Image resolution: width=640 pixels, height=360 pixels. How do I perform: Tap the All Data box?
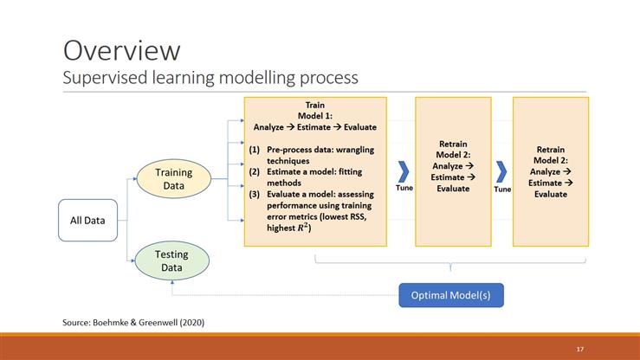coord(87,220)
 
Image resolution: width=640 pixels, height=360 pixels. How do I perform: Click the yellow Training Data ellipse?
coord(174,179)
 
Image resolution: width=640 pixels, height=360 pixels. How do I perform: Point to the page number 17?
coord(579,348)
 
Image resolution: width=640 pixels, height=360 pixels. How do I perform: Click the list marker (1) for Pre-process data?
coord(255,150)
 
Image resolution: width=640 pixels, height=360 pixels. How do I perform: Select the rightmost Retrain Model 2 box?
coord(551,170)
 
